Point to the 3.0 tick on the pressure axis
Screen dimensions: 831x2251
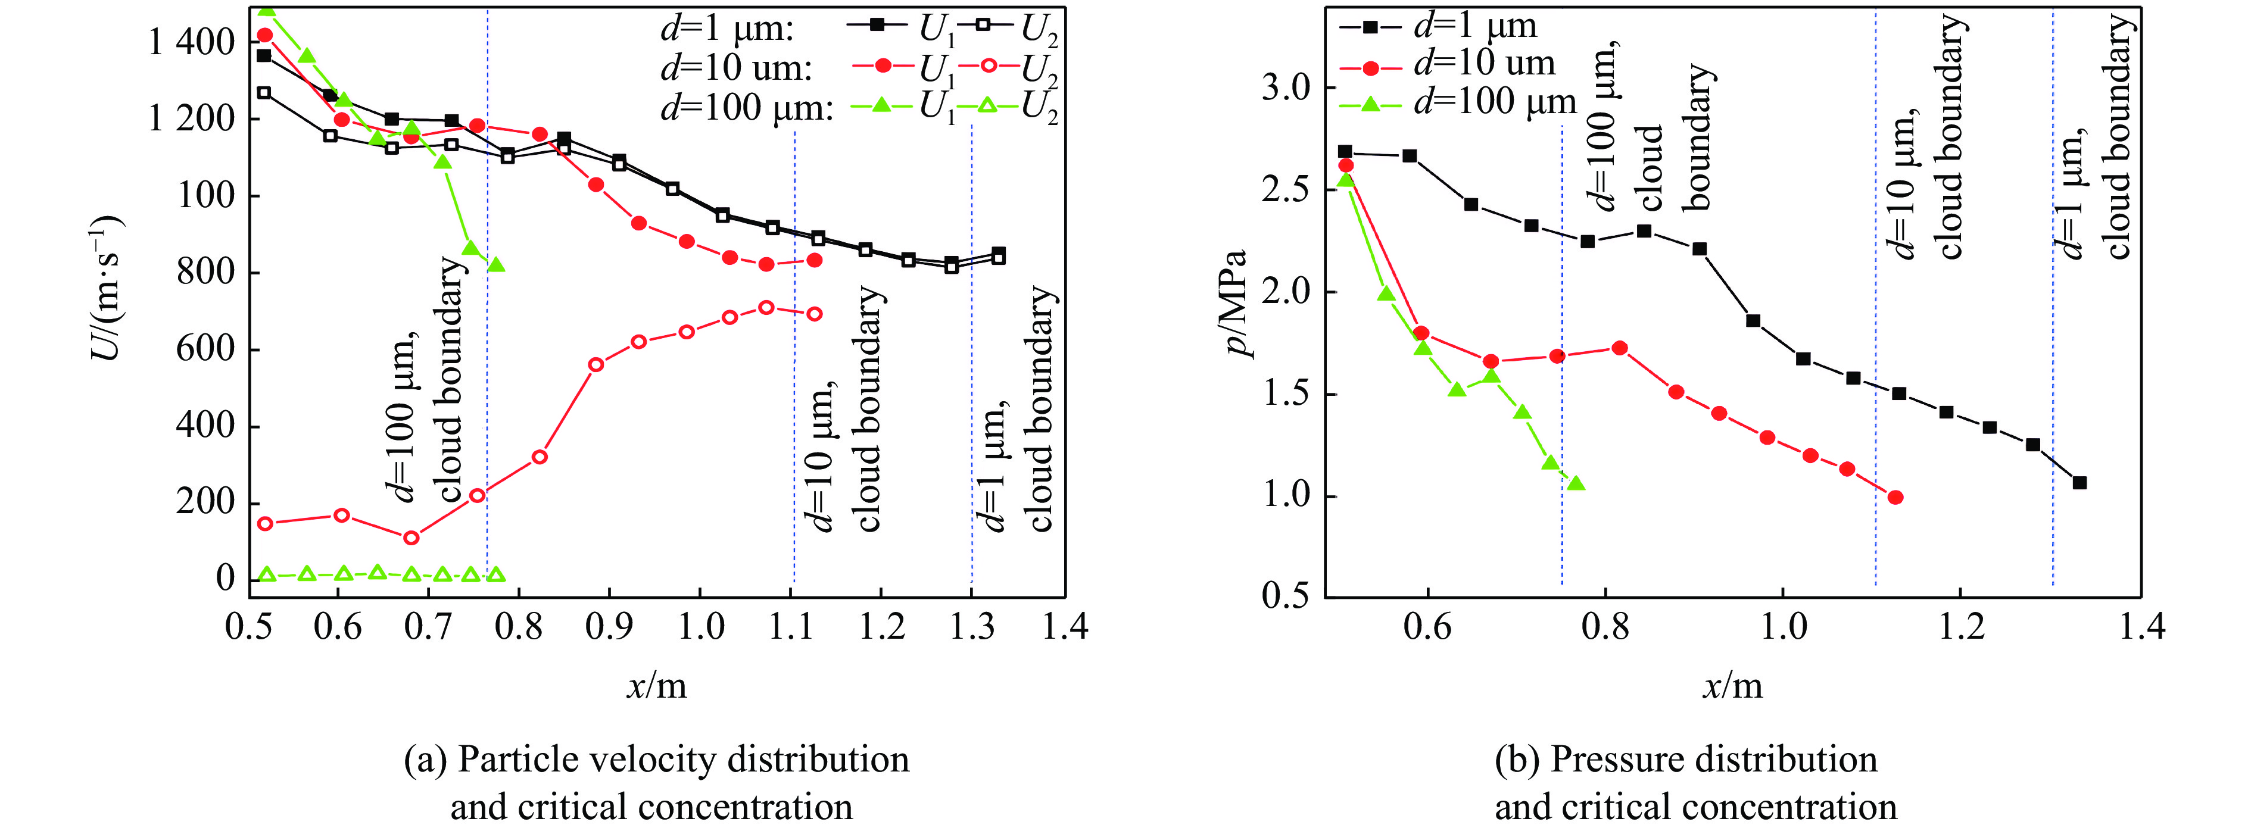1286,88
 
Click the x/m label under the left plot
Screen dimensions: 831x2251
657,686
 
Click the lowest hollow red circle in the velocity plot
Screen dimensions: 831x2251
411,538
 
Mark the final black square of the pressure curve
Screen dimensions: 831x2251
2079,482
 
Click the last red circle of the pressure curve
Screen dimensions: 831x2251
1895,497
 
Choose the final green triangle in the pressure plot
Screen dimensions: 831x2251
1576,483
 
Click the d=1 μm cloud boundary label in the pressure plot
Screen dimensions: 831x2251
2098,140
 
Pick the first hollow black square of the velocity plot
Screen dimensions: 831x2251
264,92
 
